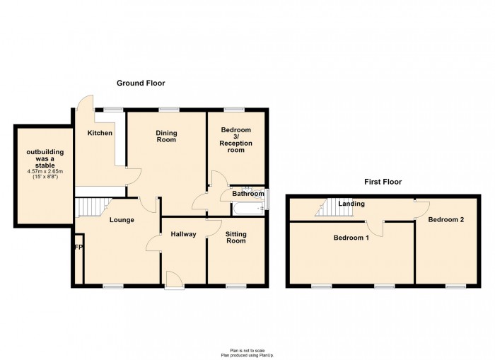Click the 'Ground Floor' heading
(x=141, y=83)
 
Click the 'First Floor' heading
(x=383, y=182)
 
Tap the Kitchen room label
(x=100, y=133)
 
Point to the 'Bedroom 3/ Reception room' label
(x=235, y=140)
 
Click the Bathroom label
(x=248, y=194)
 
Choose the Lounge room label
(x=122, y=220)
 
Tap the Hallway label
(x=182, y=234)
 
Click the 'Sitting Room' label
(x=235, y=237)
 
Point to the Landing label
(x=351, y=204)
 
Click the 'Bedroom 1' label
(x=351, y=238)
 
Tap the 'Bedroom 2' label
(x=446, y=220)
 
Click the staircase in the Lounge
(x=90, y=207)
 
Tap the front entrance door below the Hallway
(x=173, y=280)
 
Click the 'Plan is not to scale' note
(x=247, y=350)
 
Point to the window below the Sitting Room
(x=235, y=286)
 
